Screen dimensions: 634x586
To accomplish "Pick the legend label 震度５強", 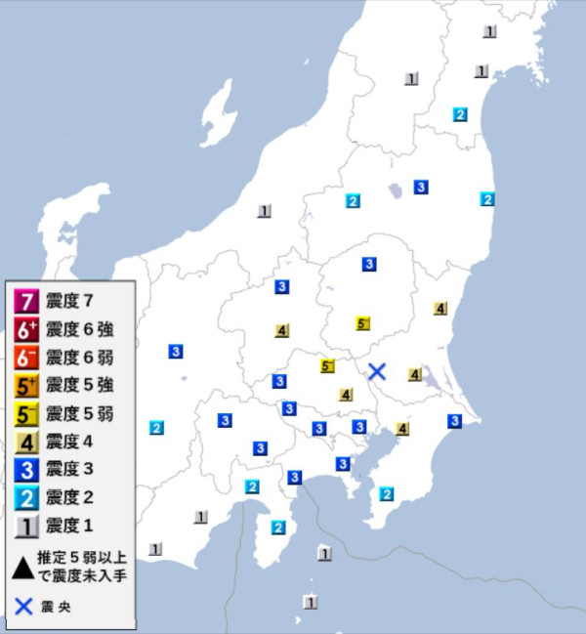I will click(x=80, y=385).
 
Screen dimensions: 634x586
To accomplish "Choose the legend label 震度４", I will click(x=73, y=442).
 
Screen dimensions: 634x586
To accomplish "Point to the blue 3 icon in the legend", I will click(x=27, y=470).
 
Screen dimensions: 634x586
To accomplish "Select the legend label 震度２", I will click(x=73, y=498).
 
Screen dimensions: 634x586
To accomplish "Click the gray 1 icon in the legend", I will click(x=27, y=528).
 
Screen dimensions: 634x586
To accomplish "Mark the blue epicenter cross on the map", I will click(x=378, y=371).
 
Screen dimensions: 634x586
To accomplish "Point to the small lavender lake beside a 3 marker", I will click(x=397, y=190).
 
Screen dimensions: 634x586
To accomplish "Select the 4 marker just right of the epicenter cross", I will click(x=415, y=375).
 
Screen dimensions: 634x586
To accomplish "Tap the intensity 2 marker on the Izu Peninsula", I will click(x=278, y=528).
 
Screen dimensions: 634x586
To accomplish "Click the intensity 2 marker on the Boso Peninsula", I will click(x=387, y=493).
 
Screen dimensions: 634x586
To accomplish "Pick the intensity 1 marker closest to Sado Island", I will click(x=264, y=211).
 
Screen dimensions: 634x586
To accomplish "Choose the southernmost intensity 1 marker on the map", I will click(x=311, y=602).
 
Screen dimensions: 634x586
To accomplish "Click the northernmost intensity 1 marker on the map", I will click(x=489, y=31).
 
